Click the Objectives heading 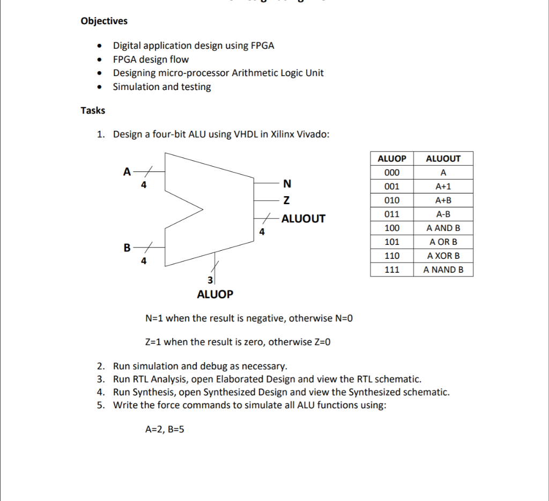[104, 21]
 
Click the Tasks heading [93, 110]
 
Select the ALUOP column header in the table [392, 159]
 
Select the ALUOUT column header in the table [443, 159]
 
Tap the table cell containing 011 [392, 214]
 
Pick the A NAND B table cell [443, 270]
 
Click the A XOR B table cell [443, 256]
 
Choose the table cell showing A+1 [443, 186]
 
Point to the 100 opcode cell [392, 228]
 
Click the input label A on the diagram [127, 171]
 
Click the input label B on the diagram [127, 248]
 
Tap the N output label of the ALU [287, 184]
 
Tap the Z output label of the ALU [286, 201]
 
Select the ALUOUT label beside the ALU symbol [303, 219]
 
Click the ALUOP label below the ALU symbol [215, 294]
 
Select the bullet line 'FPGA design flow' [151, 59]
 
